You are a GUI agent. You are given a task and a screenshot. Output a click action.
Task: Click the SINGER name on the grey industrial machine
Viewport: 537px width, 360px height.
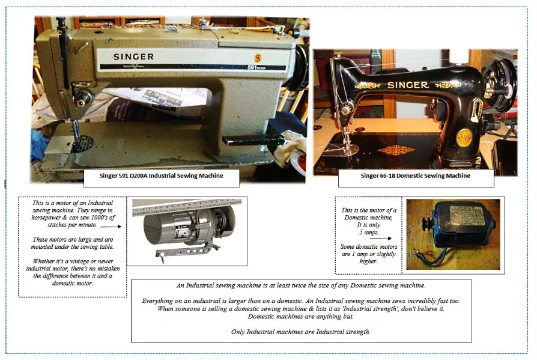(133, 56)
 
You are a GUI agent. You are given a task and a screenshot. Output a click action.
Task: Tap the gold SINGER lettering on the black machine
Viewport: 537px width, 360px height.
(407, 85)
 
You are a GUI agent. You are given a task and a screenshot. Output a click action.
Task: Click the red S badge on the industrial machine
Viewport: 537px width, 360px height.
(258, 57)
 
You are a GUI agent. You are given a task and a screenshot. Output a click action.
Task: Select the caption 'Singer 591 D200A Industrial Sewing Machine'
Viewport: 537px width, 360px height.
(161, 177)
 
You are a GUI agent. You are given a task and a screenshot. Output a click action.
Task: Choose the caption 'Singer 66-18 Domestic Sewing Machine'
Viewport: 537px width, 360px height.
(416, 176)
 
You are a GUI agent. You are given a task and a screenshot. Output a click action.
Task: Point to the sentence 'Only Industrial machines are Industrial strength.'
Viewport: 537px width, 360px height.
(301, 332)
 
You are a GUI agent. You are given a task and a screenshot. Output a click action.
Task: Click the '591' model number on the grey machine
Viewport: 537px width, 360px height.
(252, 68)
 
